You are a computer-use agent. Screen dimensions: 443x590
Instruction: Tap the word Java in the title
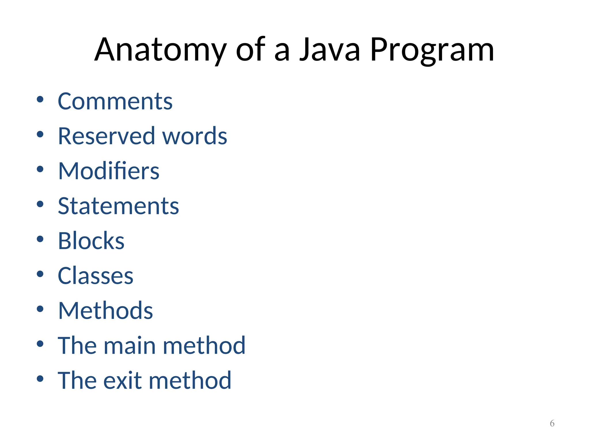coord(330,50)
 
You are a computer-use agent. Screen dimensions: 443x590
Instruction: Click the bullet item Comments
coord(115,101)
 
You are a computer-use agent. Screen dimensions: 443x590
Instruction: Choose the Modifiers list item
coord(109,171)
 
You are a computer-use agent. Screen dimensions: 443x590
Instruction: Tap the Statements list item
coord(118,206)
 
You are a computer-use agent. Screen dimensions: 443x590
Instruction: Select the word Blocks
coord(91,241)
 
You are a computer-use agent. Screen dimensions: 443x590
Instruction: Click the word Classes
coord(95,276)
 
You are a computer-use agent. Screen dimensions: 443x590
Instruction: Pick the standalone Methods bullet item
coord(105,311)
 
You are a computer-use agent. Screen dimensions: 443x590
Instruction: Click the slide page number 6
coord(552,423)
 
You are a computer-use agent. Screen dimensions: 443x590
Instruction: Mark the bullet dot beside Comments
coord(40,100)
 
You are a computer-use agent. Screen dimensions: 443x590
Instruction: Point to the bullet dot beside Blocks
coord(40,239)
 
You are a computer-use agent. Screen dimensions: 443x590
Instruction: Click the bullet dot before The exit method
coord(40,379)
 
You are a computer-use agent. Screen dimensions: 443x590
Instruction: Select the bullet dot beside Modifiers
coord(40,169)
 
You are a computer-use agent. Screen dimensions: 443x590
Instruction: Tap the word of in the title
coord(250,50)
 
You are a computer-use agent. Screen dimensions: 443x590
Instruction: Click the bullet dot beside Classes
coord(40,274)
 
